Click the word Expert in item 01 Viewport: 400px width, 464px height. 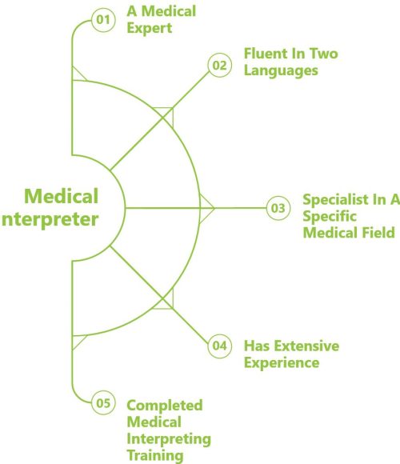tap(150, 29)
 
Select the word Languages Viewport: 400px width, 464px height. tap(281, 71)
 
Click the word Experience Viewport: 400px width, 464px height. tap(282, 363)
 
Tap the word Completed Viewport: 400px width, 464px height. tap(165, 406)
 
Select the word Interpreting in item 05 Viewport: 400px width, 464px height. tap(169, 439)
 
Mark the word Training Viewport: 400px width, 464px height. tap(155, 456)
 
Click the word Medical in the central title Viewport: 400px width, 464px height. tap(62, 197)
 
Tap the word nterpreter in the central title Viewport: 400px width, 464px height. tap(50, 220)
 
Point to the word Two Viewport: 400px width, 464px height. tap(323, 54)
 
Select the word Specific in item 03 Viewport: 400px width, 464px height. tap(330, 217)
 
